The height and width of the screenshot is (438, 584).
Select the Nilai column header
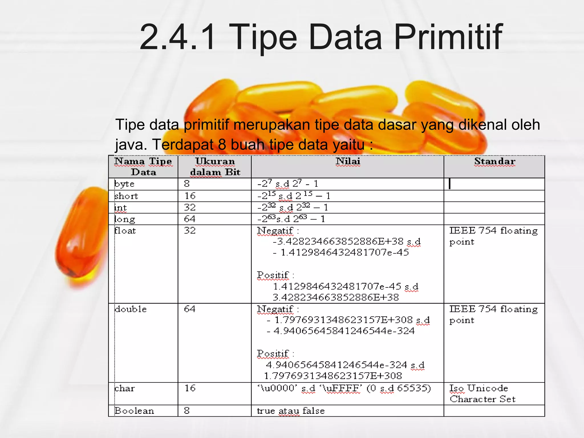coord(348,161)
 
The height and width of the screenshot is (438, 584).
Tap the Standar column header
coord(495,161)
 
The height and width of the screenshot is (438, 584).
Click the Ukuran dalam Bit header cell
coord(215,167)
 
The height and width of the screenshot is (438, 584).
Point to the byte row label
coord(124,184)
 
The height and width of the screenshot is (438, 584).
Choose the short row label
coord(126,196)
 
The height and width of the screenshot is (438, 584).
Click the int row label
coord(120,208)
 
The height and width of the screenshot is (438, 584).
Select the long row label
coord(125,219)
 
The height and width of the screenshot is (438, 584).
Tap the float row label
coord(125,231)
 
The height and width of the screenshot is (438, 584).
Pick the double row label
coord(131,309)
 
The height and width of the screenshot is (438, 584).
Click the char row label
coord(124,388)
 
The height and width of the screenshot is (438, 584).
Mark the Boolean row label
coord(134,411)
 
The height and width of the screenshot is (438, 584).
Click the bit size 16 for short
coord(190,196)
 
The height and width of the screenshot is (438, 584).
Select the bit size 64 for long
coord(190,219)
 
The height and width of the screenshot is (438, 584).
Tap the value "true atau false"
coord(291,411)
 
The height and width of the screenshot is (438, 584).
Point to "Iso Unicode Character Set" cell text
coord(482,394)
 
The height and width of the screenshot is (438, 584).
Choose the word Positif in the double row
coord(273,354)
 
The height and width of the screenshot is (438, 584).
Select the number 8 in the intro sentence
coord(222,145)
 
